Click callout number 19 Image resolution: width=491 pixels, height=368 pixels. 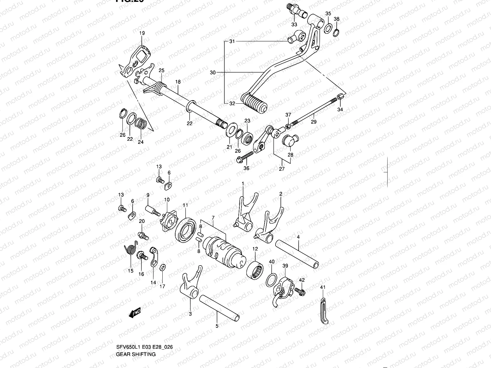[x=142, y=33]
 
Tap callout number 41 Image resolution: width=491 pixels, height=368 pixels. [x=322, y=287]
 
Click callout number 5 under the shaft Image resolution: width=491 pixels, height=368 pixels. [x=217, y=326]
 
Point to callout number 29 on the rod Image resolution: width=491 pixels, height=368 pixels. [x=313, y=122]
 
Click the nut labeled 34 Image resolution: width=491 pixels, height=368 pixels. [x=340, y=98]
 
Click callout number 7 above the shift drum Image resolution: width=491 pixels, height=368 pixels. [x=213, y=217]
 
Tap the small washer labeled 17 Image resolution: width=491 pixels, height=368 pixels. [x=162, y=268]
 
